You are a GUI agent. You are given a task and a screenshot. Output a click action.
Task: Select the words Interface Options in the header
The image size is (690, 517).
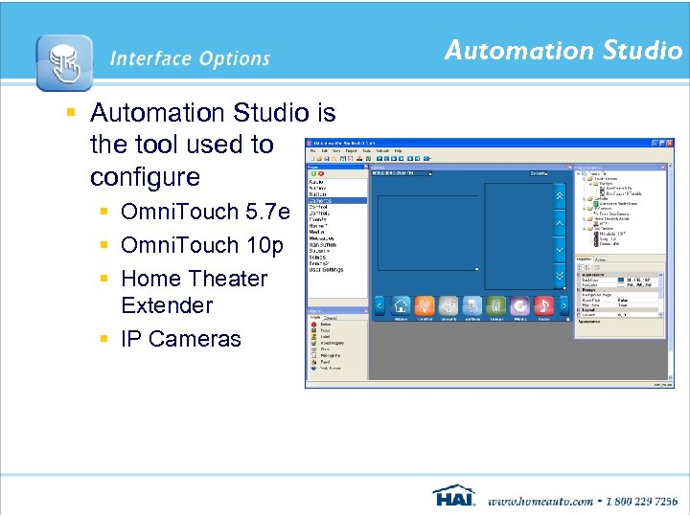coord(190,59)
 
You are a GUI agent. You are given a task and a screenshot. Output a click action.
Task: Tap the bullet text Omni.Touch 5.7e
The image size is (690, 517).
coord(204,213)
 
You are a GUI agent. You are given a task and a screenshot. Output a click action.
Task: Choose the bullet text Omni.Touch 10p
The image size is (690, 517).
coord(202,245)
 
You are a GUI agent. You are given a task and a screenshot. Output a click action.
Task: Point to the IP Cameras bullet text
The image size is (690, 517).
coord(181,339)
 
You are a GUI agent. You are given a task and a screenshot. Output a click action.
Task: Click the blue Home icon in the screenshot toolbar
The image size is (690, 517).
coord(402,304)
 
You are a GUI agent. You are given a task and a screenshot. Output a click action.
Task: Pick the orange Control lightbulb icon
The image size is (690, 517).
coord(425,304)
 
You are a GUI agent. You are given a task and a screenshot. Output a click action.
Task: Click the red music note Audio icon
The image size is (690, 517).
coord(543,304)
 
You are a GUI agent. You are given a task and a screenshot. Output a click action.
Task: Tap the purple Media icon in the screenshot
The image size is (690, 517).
coord(519,304)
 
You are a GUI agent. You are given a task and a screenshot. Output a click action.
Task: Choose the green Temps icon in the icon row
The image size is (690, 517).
coord(495,304)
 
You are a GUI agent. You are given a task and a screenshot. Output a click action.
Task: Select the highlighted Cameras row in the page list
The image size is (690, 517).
coord(335,200)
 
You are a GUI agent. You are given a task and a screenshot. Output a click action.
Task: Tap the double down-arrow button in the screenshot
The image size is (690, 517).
coord(560,275)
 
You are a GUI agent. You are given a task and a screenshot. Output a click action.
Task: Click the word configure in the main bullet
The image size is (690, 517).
coord(145,177)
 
